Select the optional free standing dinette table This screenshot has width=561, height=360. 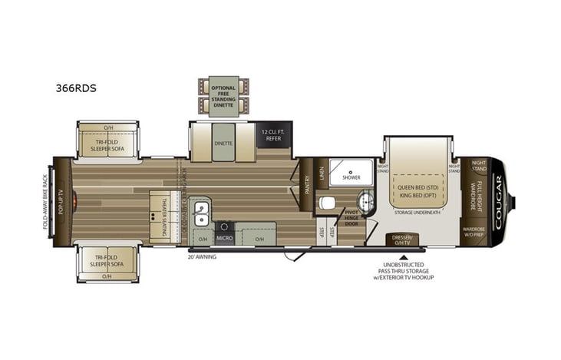tap(223, 97)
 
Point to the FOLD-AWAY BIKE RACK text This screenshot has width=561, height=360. tap(45, 201)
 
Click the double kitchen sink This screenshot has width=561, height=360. tap(201, 210)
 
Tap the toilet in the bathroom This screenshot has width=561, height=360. tap(328, 203)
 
